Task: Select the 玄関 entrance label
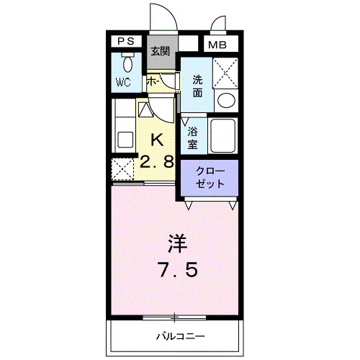[x=161, y=51]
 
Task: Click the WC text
[x=124, y=83]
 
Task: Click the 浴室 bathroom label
[x=193, y=137]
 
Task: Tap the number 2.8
[x=157, y=162]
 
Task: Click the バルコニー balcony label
[x=180, y=336]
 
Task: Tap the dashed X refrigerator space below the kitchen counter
[x=123, y=169]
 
